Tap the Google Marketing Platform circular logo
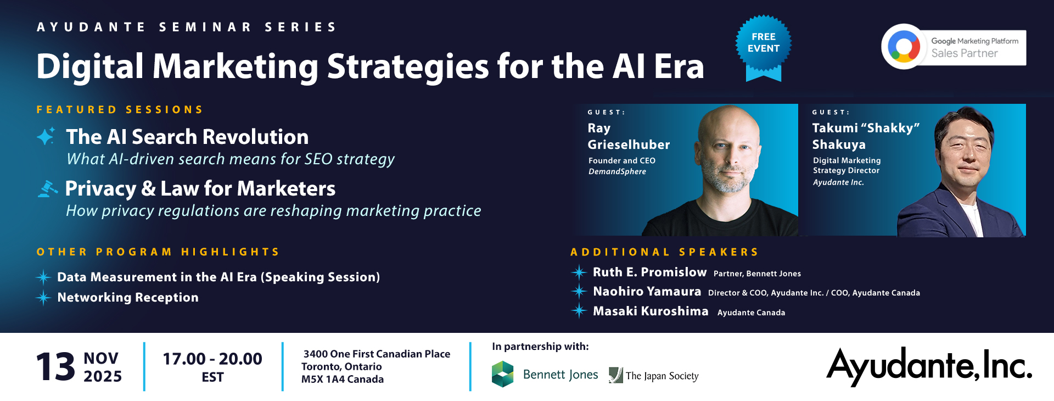[x=904, y=47]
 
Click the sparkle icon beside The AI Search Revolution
[x=46, y=136]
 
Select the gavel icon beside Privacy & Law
[x=47, y=189]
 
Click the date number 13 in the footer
[x=55, y=367]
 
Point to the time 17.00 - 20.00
[x=212, y=359]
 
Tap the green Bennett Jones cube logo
[x=502, y=374]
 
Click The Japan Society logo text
[x=662, y=376]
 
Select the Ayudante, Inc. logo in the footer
[x=929, y=366]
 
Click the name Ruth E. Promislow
[x=649, y=272]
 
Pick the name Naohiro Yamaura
[x=647, y=291]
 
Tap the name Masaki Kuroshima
[x=651, y=311]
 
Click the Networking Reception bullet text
[x=128, y=297]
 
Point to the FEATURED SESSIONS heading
[x=120, y=109]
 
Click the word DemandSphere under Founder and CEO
[x=617, y=171]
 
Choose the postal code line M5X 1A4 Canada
[x=343, y=379]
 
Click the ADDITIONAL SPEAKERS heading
[x=664, y=252]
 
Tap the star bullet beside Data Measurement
[x=43, y=277]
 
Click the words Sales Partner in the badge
[x=965, y=53]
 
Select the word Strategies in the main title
[x=408, y=67]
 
